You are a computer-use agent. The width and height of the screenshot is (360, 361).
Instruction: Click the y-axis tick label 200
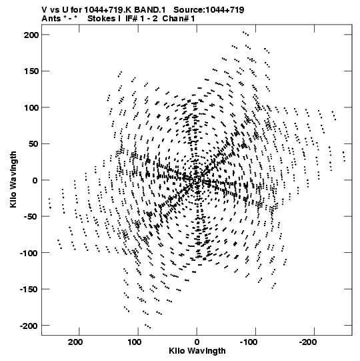pyautogui.click(x=31, y=35)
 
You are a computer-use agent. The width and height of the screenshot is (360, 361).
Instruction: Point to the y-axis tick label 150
pyautogui.click(x=31, y=71)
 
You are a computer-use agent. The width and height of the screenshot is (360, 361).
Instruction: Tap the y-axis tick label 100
pyautogui.click(x=31, y=107)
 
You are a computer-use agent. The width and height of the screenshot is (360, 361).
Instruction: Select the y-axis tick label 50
pyautogui.click(x=34, y=144)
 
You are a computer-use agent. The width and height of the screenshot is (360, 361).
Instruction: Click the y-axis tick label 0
pyautogui.click(x=35, y=180)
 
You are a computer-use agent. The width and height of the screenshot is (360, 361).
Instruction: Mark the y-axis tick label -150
pyautogui.click(x=29, y=290)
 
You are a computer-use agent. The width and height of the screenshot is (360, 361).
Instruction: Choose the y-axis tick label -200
pyautogui.click(x=29, y=326)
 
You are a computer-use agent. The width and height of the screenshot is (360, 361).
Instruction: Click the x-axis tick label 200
pyautogui.click(x=75, y=342)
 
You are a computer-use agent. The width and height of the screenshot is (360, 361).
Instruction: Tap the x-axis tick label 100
pyautogui.click(x=135, y=342)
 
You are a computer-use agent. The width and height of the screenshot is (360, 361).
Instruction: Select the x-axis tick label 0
pyautogui.click(x=197, y=342)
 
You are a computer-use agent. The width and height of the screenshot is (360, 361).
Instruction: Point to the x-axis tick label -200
pyautogui.click(x=307, y=342)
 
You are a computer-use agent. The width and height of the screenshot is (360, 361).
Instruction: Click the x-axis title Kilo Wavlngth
pyautogui.click(x=197, y=351)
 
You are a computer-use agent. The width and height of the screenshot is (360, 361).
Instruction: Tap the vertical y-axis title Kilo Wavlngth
pyautogui.click(x=13, y=179)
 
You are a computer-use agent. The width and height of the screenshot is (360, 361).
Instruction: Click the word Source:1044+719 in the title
pyautogui.click(x=209, y=10)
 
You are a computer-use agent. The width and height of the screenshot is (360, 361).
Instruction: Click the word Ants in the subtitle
pyautogui.click(x=51, y=19)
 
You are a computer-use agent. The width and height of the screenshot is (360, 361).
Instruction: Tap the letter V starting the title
pyautogui.click(x=44, y=10)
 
